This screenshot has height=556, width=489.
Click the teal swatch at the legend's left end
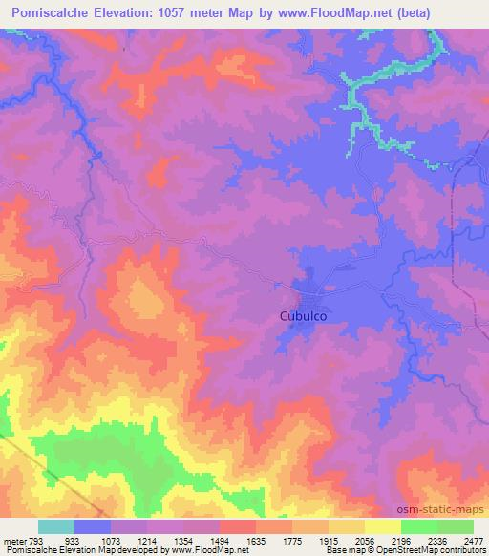(56, 526)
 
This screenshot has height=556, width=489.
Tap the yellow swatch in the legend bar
(383, 526)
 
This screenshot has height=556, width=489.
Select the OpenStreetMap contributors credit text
(427, 550)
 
